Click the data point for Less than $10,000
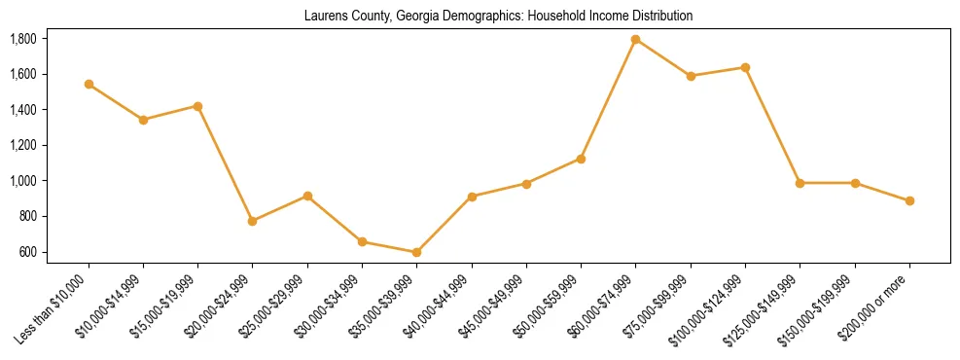click(89, 85)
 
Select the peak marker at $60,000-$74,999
click(636, 40)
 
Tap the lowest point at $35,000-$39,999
click(416, 252)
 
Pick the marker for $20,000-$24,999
click(253, 221)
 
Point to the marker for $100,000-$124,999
click(745, 67)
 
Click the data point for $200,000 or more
click(909, 201)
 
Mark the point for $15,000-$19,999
click(198, 106)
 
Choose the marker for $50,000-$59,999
click(581, 159)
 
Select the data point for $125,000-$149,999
click(800, 183)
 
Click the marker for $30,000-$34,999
click(362, 241)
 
